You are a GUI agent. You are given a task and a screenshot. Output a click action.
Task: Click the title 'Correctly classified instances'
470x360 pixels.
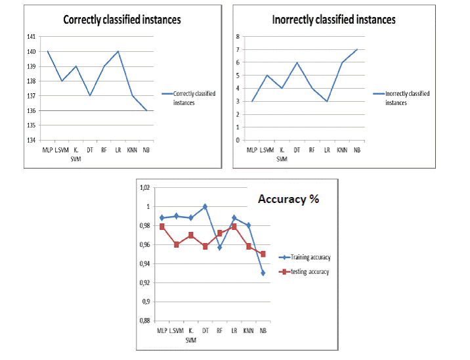tap(122, 20)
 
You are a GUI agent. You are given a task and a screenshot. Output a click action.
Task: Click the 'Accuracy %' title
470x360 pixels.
tap(288, 199)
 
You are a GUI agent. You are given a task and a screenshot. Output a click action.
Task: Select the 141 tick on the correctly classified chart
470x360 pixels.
tap(31, 37)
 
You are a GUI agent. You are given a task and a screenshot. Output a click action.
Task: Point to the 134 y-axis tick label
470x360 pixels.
tap(31, 140)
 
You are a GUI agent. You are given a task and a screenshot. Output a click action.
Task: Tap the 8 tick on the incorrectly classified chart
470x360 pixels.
tap(238, 37)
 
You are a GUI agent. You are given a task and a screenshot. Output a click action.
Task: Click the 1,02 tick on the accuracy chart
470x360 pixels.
tap(145, 188)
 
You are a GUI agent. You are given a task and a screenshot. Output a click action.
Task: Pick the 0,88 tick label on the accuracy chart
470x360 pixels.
tap(145, 321)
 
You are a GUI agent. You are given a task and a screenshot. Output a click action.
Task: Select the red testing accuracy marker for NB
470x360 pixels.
tap(263, 254)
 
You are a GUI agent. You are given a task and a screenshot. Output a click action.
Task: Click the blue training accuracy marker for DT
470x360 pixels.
tap(205, 207)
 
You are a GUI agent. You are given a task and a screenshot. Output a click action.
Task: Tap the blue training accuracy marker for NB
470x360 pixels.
tap(263, 273)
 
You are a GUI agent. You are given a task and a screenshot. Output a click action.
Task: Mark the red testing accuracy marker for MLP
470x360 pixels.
tap(162, 227)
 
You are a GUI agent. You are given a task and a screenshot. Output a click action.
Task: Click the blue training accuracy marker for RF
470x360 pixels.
tap(220, 248)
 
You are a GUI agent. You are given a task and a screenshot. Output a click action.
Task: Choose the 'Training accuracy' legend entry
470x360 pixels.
tap(305, 258)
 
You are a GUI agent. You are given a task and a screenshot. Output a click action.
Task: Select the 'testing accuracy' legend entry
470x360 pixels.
tap(304, 272)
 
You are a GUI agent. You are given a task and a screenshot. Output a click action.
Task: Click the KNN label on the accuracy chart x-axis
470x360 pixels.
tap(249, 330)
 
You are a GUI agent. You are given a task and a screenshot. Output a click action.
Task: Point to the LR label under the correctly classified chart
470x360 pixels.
tap(118, 150)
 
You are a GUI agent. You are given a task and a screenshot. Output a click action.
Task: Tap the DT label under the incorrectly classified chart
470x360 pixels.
tap(297, 150)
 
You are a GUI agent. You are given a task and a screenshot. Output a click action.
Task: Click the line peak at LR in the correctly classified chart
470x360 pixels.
tap(118, 51)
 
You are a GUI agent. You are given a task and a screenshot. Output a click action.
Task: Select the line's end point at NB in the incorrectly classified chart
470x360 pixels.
tap(357, 49)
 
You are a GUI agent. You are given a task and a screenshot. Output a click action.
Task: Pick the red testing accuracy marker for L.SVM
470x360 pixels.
tap(176, 244)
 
